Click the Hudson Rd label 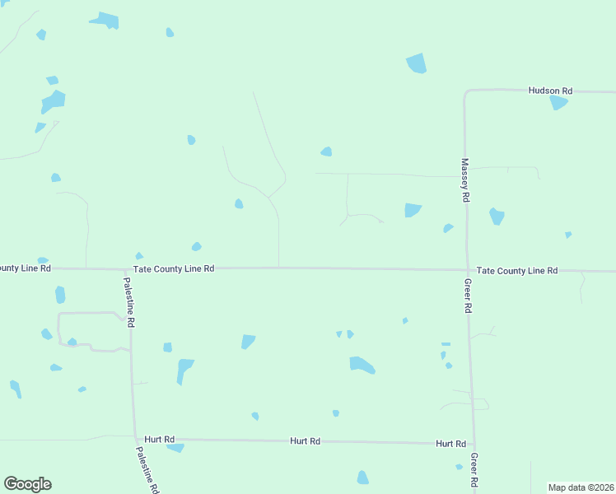[x=550, y=90]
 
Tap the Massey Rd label [x=465, y=180]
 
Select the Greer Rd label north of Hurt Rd [x=467, y=295]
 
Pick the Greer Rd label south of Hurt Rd [x=475, y=469]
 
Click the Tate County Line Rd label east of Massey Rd [x=517, y=270]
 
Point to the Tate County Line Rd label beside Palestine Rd [x=174, y=268]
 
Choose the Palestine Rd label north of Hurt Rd [x=129, y=302]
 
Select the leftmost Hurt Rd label [x=159, y=440]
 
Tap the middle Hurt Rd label [x=305, y=441]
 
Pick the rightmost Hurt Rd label [x=450, y=444]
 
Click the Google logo [x=27, y=484]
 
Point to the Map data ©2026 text [x=581, y=487]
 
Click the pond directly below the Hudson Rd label [x=558, y=103]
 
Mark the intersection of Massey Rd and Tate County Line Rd [x=466, y=269]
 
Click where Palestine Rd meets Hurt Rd [x=135, y=439]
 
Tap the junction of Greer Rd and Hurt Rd [x=474, y=444]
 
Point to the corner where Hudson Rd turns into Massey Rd [x=466, y=91]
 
